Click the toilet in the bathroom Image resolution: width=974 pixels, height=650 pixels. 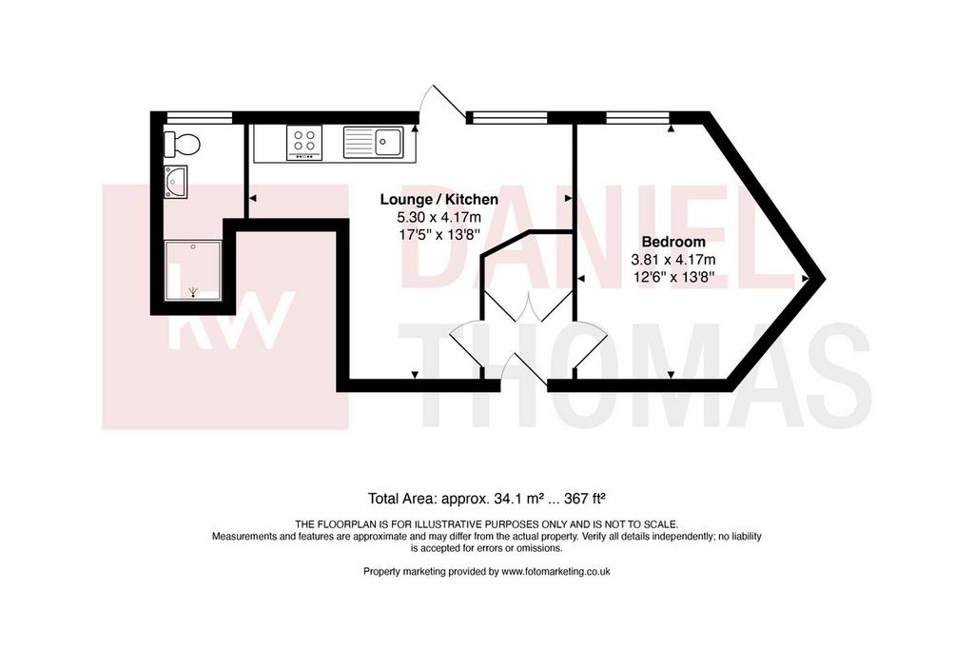point(182,144)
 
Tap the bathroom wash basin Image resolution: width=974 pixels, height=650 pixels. point(176,182)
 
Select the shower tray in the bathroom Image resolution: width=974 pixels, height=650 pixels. point(193,270)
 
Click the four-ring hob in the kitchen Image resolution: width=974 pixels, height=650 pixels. point(304,143)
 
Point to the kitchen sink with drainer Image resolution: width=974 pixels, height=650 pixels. point(373,142)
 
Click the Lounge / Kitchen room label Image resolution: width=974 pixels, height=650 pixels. point(439,200)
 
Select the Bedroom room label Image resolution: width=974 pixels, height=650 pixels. point(673,242)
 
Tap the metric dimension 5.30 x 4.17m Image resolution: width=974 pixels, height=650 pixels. point(439,218)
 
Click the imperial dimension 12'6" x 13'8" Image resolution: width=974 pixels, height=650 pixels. point(673,277)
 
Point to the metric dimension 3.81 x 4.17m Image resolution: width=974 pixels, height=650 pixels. point(673,259)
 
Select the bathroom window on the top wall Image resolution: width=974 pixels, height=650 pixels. point(200,117)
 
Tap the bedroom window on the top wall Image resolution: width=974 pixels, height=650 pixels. point(637,117)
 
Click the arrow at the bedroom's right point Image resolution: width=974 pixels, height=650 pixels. point(805,279)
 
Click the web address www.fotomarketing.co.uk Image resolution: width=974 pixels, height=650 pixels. point(555,572)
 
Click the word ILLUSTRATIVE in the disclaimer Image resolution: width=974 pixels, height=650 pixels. point(445,524)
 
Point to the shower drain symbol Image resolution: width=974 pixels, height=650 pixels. point(193,291)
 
